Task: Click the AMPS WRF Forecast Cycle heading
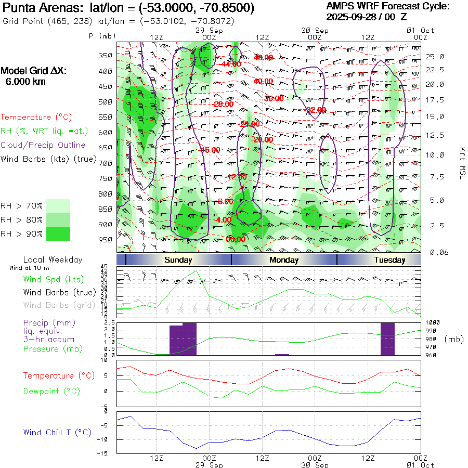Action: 387,6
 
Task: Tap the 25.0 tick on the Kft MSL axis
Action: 435,57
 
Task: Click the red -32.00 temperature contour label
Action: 316,110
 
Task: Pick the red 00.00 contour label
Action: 236,240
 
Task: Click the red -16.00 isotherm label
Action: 211,150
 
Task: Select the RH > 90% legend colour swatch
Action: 58,235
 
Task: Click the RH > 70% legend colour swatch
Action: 58,206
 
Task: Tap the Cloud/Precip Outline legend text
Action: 43,145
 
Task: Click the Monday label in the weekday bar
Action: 284,260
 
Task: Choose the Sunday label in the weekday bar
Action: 178,260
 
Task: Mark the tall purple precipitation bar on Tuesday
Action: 387,339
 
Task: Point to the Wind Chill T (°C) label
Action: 57,433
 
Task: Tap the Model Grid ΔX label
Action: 34,71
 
